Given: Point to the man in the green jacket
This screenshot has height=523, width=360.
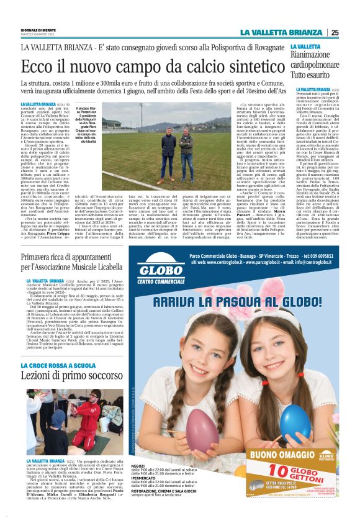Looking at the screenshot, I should coord(185,149).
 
